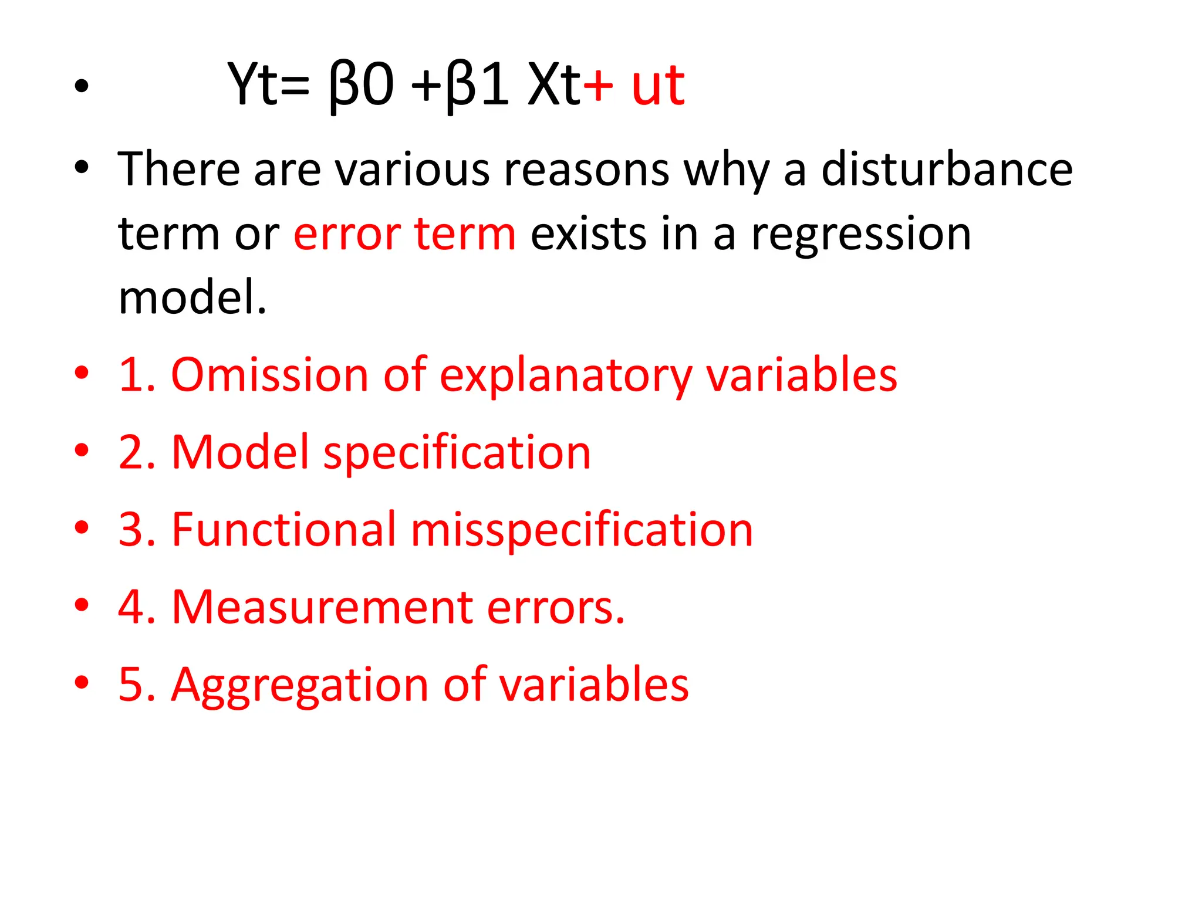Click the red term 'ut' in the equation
coord(658,86)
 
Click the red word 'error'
coord(346,233)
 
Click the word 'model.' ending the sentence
coord(192,297)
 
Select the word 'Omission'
coord(269,375)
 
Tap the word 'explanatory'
coord(566,376)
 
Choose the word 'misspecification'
coord(582,530)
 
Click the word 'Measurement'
coord(322,607)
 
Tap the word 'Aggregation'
coord(299,685)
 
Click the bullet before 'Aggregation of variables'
coord(82,682)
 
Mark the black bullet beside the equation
coord(82,86)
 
